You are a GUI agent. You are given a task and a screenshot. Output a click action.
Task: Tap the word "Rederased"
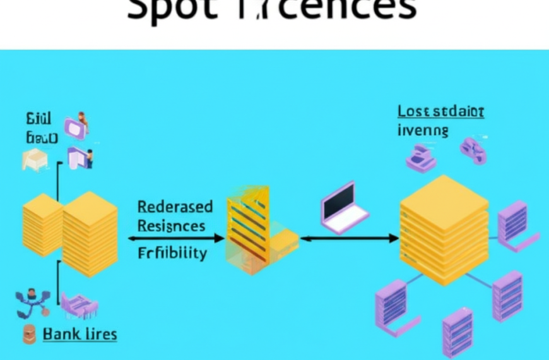(x=175, y=207)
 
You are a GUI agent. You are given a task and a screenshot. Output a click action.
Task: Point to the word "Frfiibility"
(x=172, y=253)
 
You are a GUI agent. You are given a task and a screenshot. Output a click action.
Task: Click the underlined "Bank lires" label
(x=80, y=333)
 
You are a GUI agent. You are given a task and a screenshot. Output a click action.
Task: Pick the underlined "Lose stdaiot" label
(x=440, y=112)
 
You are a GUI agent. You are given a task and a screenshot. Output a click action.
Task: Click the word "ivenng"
(x=423, y=131)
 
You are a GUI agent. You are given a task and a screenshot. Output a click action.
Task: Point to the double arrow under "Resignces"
(x=176, y=238)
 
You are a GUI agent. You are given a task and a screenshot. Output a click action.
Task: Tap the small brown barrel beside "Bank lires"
(x=29, y=334)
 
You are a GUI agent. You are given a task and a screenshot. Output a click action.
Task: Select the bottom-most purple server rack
(x=457, y=332)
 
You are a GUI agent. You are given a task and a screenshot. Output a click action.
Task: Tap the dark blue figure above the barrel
(x=31, y=304)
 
